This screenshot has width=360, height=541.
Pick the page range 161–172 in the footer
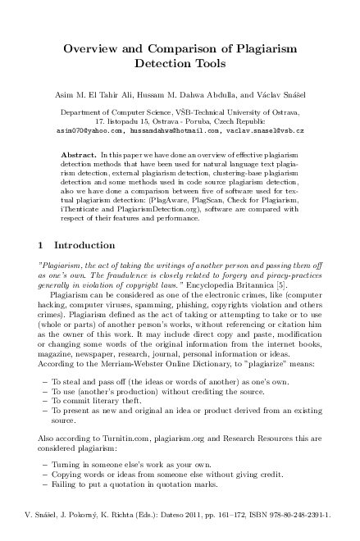click(x=230, y=516)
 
